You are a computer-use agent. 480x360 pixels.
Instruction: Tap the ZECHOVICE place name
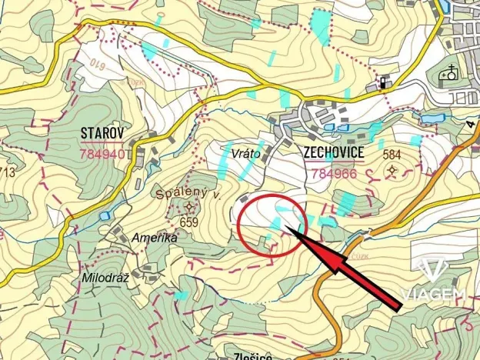point(333,152)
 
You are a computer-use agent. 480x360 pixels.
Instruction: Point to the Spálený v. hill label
point(188,195)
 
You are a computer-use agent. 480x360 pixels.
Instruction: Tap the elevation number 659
point(189,222)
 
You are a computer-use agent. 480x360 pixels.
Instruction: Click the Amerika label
point(155,238)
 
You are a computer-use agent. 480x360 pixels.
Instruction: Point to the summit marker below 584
point(393,169)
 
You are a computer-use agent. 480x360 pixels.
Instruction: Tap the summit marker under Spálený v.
point(189,207)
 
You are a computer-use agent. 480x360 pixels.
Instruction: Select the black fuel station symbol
point(382,82)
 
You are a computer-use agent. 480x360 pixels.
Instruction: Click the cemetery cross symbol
point(448,75)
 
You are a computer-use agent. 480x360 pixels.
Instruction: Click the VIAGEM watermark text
point(432,295)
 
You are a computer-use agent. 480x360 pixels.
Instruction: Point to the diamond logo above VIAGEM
point(432,272)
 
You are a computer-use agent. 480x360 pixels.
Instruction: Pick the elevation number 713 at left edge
point(8,172)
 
